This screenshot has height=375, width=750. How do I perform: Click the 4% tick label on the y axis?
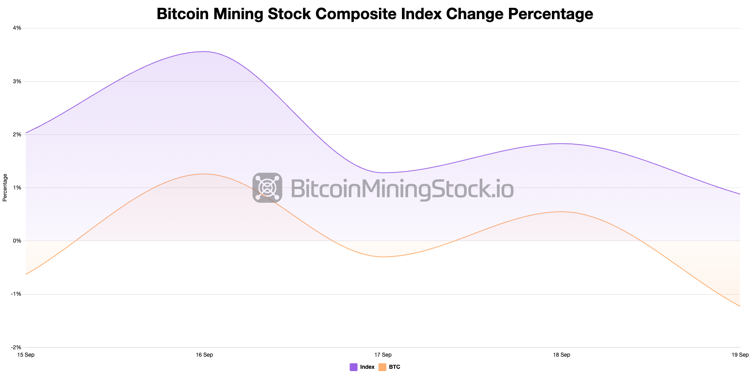click(17, 28)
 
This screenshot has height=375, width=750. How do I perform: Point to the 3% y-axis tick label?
click(17, 81)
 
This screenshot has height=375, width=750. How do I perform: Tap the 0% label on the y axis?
click(17, 241)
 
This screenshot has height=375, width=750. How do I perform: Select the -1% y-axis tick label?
click(16, 294)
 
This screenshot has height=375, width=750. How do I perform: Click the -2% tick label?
click(16, 347)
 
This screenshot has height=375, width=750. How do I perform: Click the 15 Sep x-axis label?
click(26, 355)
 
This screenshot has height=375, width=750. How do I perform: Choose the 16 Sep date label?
click(204, 355)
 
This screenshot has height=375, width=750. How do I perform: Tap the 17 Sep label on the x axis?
click(383, 355)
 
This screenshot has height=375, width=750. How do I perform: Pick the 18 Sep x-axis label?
click(561, 355)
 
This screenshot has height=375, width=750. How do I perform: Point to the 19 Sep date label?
click(740, 355)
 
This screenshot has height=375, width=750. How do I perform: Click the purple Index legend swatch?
click(354, 367)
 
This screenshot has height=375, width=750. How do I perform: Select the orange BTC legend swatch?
click(382, 367)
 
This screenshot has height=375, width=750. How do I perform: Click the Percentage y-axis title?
click(5, 187)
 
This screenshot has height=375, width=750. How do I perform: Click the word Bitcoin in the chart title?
click(182, 14)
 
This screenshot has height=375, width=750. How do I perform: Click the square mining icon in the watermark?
click(267, 187)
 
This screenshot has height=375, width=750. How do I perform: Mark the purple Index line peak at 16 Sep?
click(204, 52)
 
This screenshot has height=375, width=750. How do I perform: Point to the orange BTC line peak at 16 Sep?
click(204, 174)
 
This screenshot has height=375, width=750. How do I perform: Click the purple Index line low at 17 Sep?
click(383, 173)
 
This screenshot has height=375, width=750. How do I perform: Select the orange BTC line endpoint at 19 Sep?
click(739, 306)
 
